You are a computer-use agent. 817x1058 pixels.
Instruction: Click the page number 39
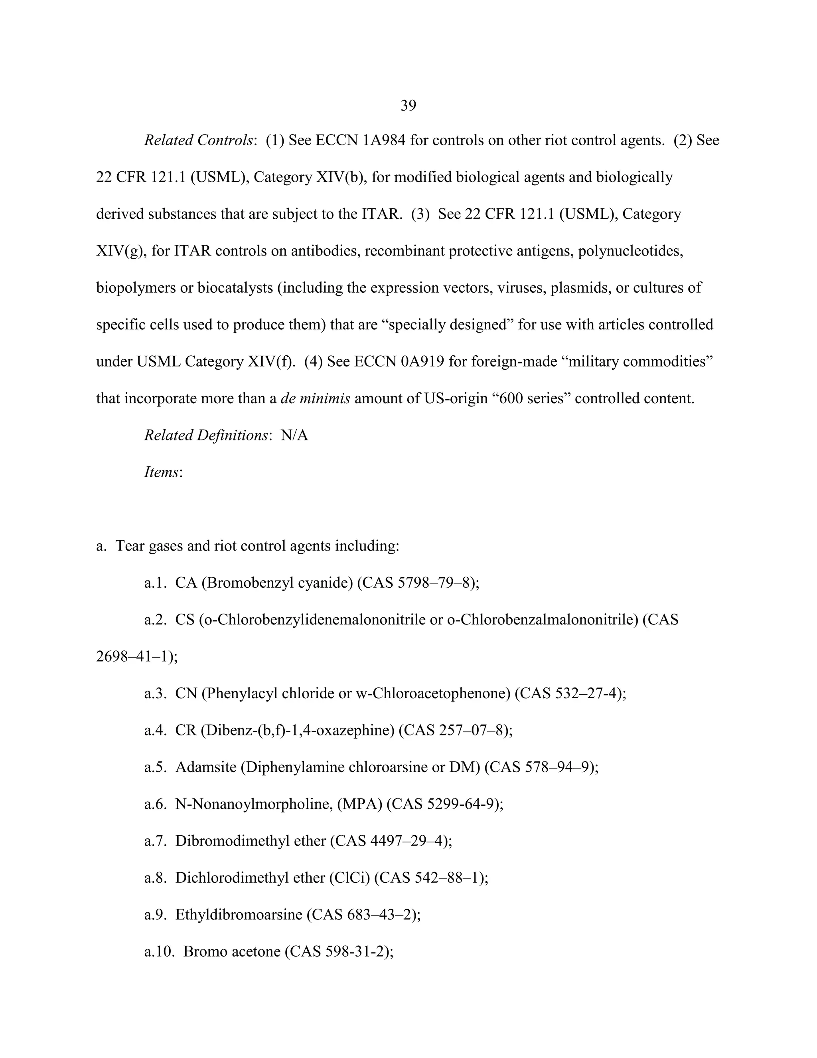pyautogui.click(x=408, y=105)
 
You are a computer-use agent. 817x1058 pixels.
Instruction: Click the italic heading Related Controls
pyautogui.click(x=198, y=141)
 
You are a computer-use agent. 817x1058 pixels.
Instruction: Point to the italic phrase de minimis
pyautogui.click(x=315, y=399)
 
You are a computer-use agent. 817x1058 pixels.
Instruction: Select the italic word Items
pyautogui.click(x=162, y=472)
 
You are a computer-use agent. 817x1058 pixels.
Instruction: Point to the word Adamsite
pyautogui.click(x=206, y=767)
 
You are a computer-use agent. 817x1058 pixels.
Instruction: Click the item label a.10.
pyautogui.click(x=159, y=951)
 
